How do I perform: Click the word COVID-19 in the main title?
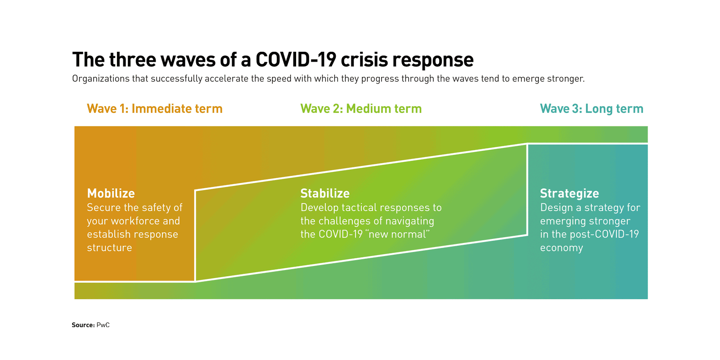(x=296, y=60)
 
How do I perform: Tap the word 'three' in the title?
(x=133, y=60)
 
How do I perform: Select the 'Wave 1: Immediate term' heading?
(x=155, y=108)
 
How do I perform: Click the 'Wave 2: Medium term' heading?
(x=361, y=108)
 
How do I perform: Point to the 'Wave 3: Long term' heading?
(x=592, y=109)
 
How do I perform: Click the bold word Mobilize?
(x=111, y=193)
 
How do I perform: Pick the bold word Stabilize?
(x=325, y=193)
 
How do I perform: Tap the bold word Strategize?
(x=570, y=193)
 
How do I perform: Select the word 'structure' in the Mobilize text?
(x=109, y=247)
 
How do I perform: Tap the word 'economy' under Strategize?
(x=562, y=248)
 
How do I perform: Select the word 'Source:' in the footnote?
(x=83, y=325)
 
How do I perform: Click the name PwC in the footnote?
(x=103, y=325)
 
